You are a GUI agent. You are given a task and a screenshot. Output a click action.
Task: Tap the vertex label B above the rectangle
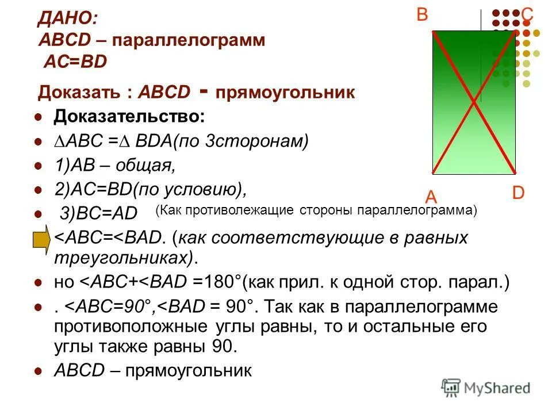(x=422, y=15)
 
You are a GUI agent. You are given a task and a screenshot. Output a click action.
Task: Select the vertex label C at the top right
(x=527, y=15)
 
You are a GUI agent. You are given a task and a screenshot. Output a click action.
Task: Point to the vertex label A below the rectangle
(x=431, y=197)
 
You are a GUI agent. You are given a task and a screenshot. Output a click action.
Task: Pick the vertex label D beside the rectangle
(x=518, y=193)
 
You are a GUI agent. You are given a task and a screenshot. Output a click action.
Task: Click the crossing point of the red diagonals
(x=474, y=102)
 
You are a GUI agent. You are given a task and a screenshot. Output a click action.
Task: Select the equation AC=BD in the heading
(x=75, y=62)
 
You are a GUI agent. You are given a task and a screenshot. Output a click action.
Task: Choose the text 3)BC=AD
(x=99, y=213)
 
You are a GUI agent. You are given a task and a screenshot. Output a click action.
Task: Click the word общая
(x=147, y=166)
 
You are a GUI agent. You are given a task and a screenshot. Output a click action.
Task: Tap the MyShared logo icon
(x=451, y=387)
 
